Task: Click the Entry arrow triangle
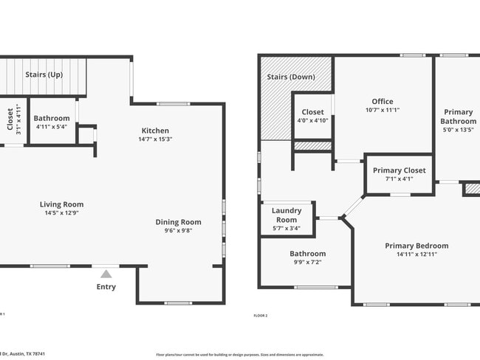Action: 106,274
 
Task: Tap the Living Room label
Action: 61,204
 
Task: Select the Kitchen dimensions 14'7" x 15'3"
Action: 155,140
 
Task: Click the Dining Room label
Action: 178,222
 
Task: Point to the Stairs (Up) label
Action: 44,75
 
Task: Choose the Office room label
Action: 383,101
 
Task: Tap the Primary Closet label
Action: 399,170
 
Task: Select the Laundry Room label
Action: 287,215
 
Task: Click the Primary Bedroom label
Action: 416,246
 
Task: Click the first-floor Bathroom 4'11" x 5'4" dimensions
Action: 52,127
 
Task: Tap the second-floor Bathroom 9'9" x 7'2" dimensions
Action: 307,263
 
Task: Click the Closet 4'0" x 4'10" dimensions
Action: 313,121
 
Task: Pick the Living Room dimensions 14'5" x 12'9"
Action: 61,213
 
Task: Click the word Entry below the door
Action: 106,287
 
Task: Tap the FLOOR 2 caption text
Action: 261,315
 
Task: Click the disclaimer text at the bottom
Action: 240,354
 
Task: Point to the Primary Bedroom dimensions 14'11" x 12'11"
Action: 416,255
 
